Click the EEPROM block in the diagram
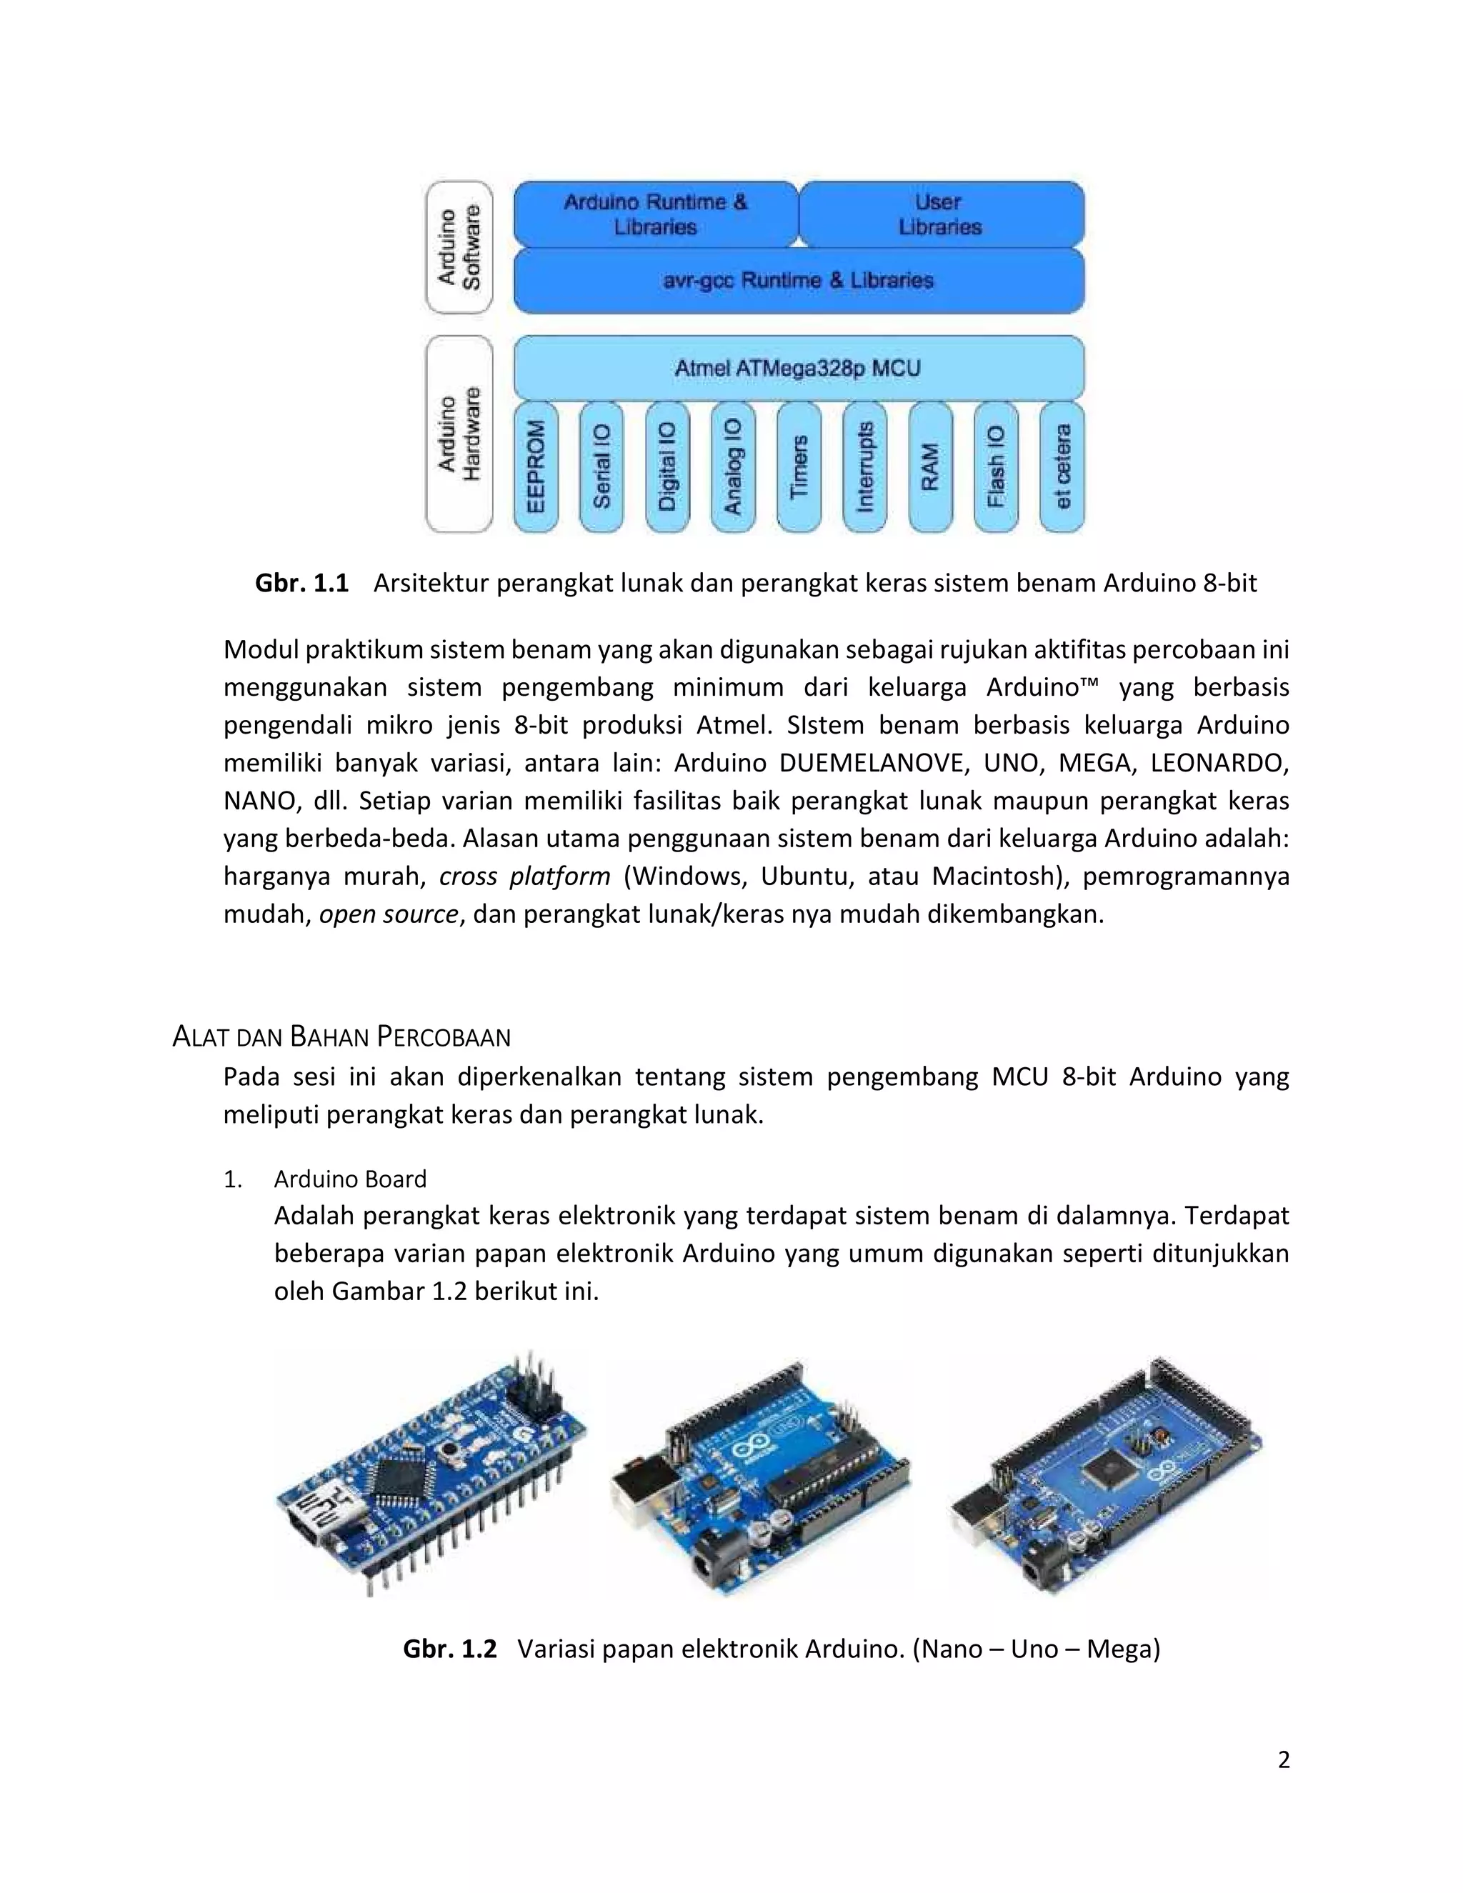coord(536,466)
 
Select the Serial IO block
coord(601,466)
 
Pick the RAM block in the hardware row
coord(930,466)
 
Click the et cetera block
coord(1062,466)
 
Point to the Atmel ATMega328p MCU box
coord(798,369)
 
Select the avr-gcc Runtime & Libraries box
coord(798,281)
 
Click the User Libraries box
coord(940,214)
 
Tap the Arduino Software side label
coord(459,248)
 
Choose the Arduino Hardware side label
coord(459,434)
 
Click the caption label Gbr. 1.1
coord(301,584)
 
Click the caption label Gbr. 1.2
coord(450,1649)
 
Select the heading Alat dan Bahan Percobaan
coord(341,1037)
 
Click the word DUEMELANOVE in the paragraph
coord(872,763)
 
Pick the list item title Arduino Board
coord(350,1179)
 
